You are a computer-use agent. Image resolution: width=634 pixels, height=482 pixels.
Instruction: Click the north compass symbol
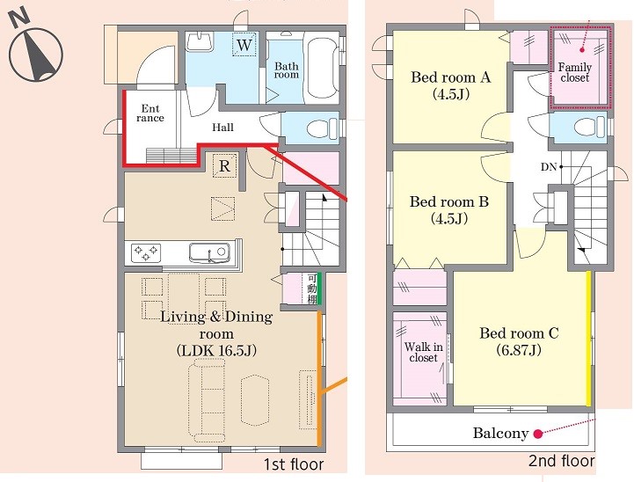(35, 47)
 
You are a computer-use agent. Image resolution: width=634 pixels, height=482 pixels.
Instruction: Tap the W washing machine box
(244, 45)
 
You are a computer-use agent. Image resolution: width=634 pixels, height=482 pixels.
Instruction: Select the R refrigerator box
(224, 165)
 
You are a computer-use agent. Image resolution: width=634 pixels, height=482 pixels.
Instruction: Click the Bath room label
(287, 70)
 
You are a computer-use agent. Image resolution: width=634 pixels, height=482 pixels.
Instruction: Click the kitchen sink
(209, 252)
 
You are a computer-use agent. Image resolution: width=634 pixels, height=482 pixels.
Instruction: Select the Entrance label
(150, 113)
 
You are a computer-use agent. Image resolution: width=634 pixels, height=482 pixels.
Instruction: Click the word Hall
(222, 128)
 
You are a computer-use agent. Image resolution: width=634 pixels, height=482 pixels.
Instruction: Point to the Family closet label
(574, 72)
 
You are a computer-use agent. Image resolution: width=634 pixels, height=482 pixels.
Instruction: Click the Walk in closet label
(423, 352)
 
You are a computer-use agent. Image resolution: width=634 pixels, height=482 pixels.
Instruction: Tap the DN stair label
(549, 166)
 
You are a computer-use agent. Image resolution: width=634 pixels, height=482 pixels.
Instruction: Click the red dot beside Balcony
(537, 434)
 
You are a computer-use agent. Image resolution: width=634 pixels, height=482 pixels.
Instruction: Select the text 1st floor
(294, 464)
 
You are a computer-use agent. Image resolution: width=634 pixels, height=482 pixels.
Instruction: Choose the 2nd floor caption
(562, 461)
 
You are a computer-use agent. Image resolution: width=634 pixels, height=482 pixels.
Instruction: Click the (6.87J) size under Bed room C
(519, 350)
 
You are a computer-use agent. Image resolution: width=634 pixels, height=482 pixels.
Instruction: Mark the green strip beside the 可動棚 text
(319, 289)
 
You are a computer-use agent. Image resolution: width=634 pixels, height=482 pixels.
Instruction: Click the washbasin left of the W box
(199, 41)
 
